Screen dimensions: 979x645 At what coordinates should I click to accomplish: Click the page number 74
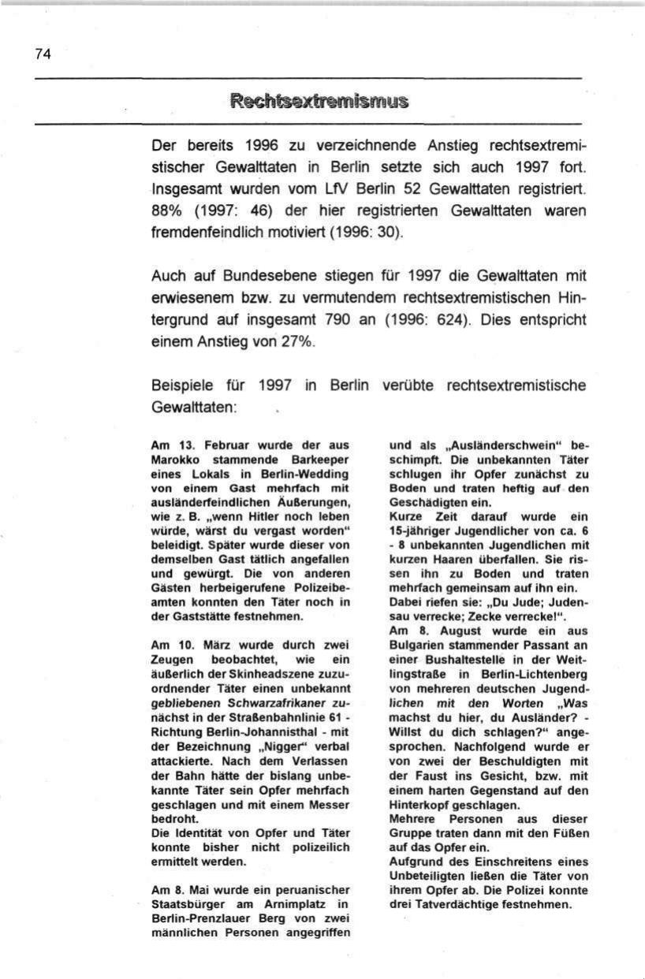(43, 54)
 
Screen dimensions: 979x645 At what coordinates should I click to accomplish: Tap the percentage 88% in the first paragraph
(166, 211)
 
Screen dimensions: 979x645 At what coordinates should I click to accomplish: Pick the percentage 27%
(291, 343)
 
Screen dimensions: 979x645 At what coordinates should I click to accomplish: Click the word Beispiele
(181, 386)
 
